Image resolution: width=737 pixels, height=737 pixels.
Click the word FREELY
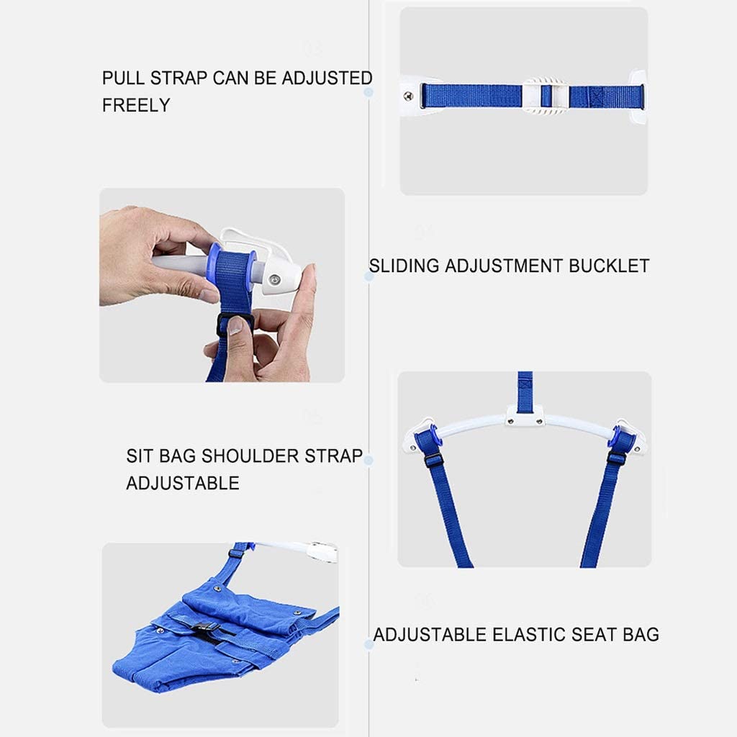136,105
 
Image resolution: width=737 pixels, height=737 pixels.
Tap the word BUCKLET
609,266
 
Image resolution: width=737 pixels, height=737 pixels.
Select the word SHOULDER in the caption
250,456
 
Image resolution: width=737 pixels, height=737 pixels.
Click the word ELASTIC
528,635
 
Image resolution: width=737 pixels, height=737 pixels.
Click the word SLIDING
404,266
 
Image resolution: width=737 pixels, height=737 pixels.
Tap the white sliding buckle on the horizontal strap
546,96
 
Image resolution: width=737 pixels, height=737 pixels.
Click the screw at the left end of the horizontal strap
409,96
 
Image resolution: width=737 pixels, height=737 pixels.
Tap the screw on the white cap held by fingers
274,281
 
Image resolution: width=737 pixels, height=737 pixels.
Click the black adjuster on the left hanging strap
433,460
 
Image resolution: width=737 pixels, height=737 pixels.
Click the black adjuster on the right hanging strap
617,458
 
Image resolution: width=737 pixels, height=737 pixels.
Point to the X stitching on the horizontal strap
597,97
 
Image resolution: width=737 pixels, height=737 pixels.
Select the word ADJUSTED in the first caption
327,78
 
